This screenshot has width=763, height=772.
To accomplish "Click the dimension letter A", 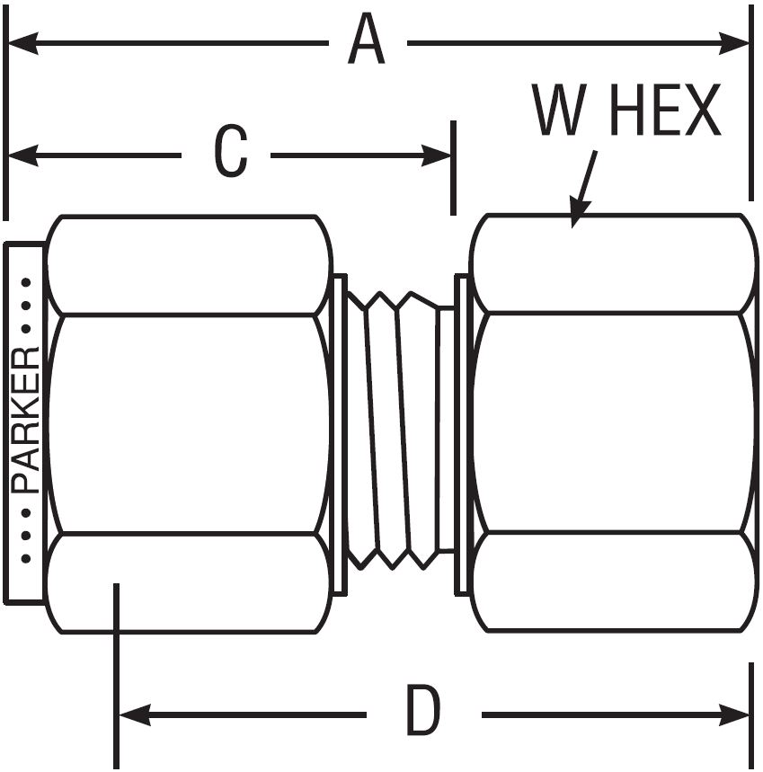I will [367, 41].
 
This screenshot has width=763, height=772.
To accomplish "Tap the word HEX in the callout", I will [667, 111].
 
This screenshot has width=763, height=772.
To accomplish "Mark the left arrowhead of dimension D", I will [131, 715].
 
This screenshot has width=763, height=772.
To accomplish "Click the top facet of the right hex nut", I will [611, 262].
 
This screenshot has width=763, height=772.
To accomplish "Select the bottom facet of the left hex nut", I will [186, 582].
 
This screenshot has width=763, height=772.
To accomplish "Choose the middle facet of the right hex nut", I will [611, 422].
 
